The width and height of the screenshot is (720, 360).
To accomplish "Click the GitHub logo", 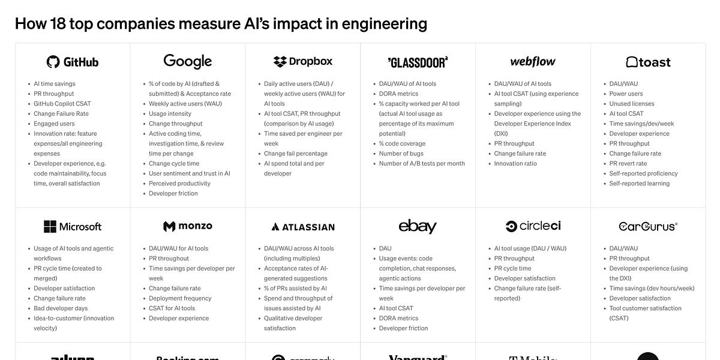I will coord(72,62).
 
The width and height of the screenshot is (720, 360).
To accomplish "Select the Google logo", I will coord(187,61).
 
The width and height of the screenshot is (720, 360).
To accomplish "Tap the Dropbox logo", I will coord(302,61).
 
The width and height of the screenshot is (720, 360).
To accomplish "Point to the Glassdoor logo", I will coord(418,62).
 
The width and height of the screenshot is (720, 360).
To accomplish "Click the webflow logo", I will coord(533,61).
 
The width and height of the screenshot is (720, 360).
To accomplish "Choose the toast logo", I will coord(648,62).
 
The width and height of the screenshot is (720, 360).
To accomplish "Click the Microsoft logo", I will coord(72,227).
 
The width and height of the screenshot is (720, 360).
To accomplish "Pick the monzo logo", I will coord(187,226).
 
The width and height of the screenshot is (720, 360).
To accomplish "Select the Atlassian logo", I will coord(302,227).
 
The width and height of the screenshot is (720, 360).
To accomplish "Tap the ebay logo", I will coord(418,226).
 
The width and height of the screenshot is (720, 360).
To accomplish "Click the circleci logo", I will coord(533,226).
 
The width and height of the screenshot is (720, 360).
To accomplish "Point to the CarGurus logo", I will coord(648,226).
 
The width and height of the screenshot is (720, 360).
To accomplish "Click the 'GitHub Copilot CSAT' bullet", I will coord(62,104).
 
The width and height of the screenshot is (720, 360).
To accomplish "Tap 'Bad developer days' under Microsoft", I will coord(61,308).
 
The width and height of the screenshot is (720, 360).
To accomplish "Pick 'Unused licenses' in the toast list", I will coord(632,104).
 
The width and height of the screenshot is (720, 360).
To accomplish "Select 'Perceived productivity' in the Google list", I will coord(179,184).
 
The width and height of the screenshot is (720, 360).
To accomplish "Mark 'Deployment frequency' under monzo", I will coord(180,298).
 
